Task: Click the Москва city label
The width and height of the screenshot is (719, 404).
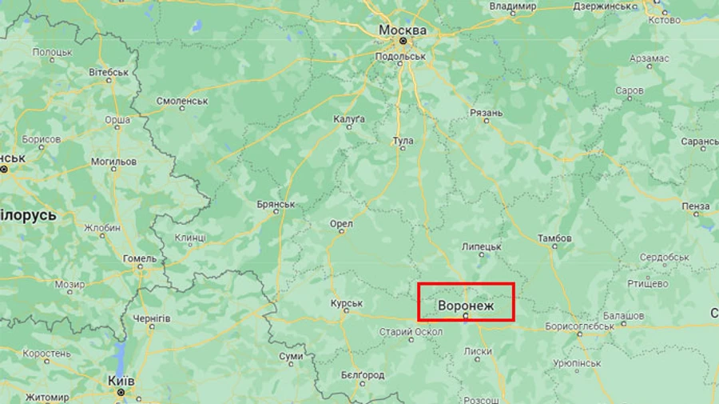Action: tap(403, 30)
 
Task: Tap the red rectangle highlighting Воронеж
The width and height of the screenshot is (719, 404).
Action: tap(467, 302)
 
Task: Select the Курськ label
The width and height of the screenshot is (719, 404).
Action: tap(347, 303)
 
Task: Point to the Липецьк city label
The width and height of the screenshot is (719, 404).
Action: tap(482, 246)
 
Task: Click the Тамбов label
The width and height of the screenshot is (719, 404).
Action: tap(554, 238)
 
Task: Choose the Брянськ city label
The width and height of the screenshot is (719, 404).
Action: tap(276, 205)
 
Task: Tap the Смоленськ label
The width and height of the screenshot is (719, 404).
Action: tap(182, 102)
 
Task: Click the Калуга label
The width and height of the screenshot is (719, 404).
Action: tap(349, 119)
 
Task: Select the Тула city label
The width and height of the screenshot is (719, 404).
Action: tap(403, 141)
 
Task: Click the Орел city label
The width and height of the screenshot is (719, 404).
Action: tap(341, 224)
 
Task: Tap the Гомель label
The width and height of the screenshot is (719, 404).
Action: tap(140, 258)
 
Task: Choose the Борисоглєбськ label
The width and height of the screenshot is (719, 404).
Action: tap(579, 326)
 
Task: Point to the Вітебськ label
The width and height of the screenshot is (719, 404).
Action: tap(109, 72)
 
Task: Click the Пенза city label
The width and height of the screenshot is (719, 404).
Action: tap(697, 206)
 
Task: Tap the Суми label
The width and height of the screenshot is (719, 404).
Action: tap(291, 355)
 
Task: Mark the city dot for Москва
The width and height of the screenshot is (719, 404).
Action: tap(403, 41)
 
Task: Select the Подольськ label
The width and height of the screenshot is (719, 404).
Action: tap(402, 57)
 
